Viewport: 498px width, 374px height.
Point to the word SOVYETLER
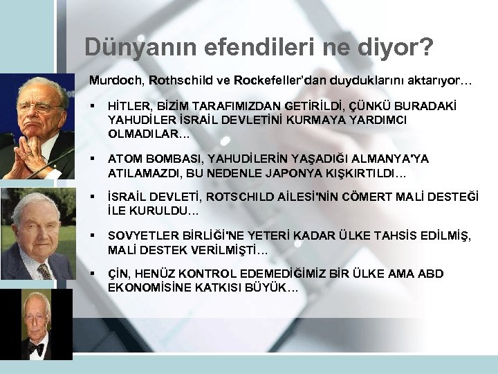(140, 237)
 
